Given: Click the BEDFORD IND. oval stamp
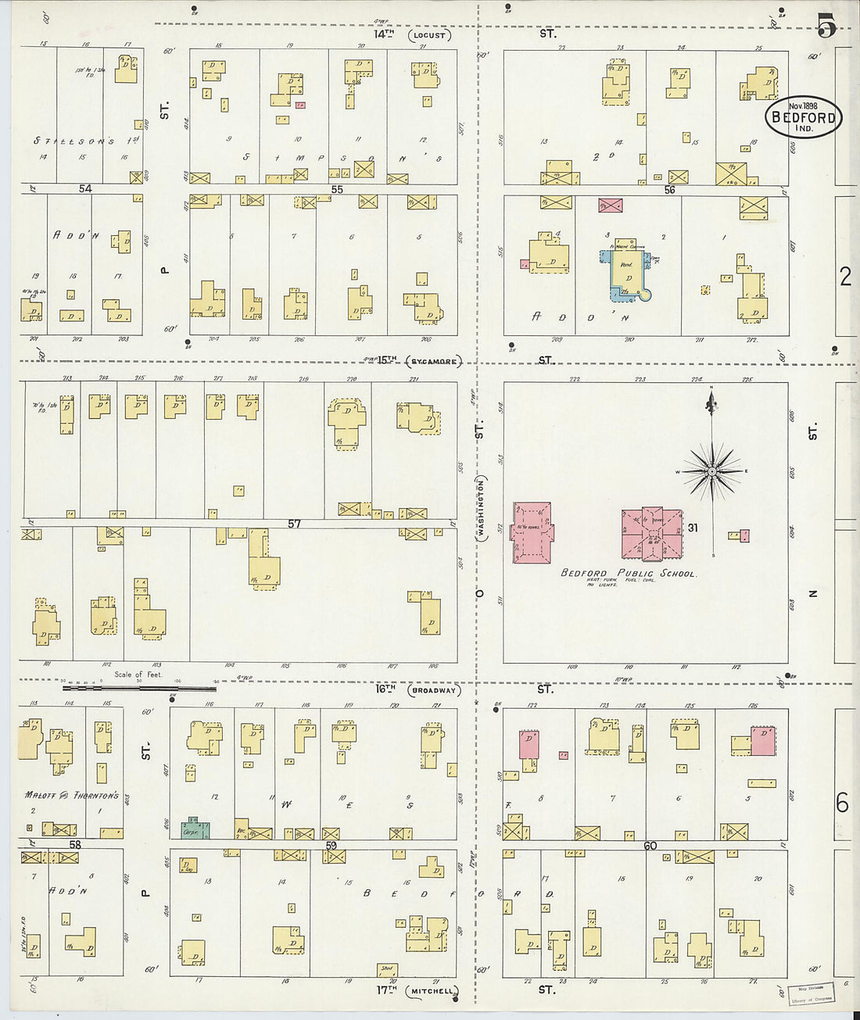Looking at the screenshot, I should point(803,117).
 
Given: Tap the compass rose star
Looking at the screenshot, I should point(712,472).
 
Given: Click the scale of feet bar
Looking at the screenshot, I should point(139,689).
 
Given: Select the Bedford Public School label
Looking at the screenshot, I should point(628,573).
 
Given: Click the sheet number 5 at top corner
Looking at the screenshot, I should point(826,28).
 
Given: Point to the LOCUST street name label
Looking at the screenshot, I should point(429,35).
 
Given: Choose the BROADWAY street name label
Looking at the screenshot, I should point(436,690).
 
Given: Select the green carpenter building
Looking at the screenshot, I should point(195,829).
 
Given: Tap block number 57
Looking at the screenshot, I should point(293,524).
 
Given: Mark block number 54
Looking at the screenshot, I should point(85,189).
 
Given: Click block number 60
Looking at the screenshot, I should point(650,846).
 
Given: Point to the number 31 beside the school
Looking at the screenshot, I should point(692,528).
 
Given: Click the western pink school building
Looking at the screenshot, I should point(533,531).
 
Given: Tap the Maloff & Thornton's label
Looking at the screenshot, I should point(71,796).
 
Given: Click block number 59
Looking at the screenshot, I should point(331,846).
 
